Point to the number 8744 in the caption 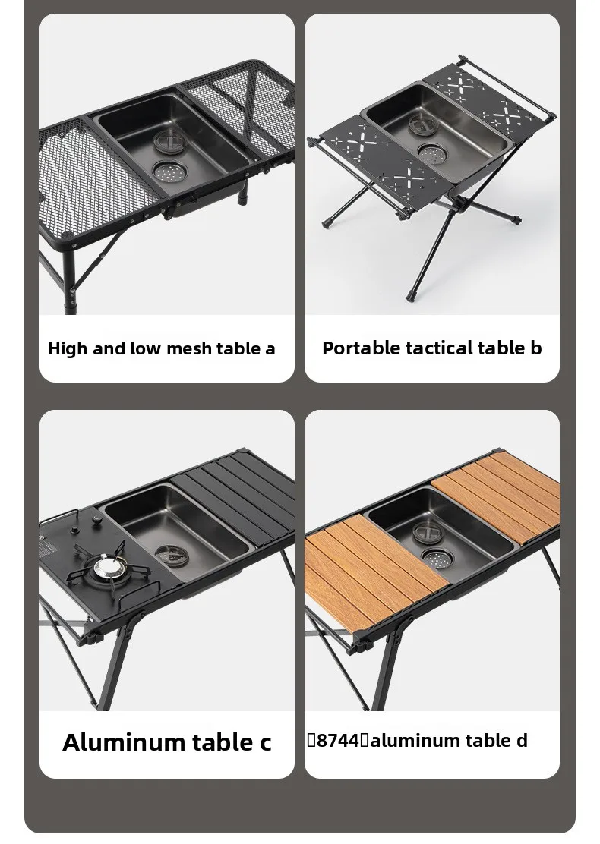click(337, 741)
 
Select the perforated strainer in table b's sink click(432, 154)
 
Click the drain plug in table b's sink click(423, 124)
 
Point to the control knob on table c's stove click(97, 521)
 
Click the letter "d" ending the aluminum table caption click(521, 741)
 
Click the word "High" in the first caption click(68, 349)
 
